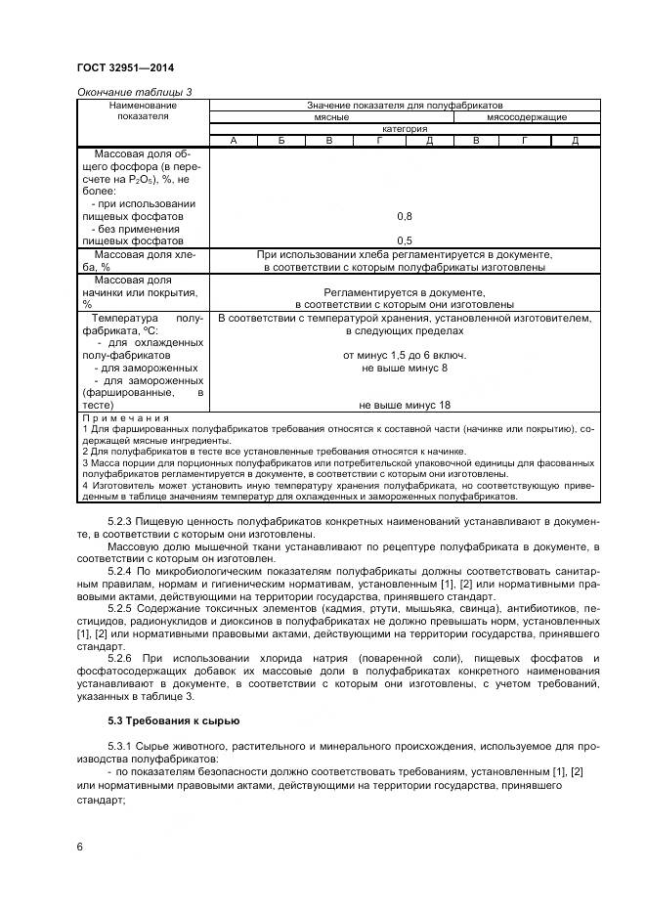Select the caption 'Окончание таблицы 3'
point(133,92)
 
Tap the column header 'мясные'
point(331,116)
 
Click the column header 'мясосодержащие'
point(526,116)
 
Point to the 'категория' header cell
point(404,128)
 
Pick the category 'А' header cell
point(233,141)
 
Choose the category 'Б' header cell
point(280,141)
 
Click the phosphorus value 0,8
point(404,215)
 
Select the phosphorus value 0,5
point(404,240)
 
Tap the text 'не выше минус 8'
point(404,368)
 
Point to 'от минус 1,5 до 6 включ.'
point(404,355)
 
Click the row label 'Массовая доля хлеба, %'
point(142,259)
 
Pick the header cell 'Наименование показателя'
point(143,109)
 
